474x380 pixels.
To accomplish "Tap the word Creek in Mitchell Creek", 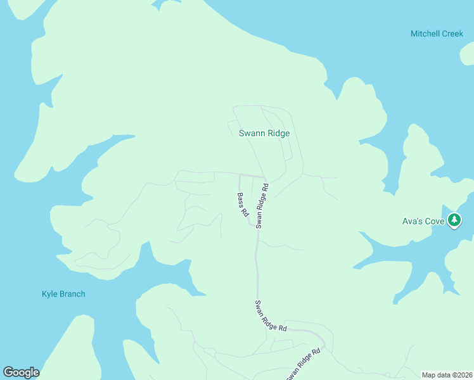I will pyautogui.click(x=452, y=34).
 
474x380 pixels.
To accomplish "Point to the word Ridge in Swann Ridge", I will pyautogui.click(x=278, y=133).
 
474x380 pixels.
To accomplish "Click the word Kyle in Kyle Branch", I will pyautogui.click(x=50, y=294).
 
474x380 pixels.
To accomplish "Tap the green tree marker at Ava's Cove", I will pyautogui.click(x=454, y=220).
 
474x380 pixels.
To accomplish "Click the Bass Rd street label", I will pyautogui.click(x=242, y=205).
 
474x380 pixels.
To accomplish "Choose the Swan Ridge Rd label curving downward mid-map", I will pyautogui.click(x=271, y=316).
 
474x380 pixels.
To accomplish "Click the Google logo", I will pyautogui.click(x=21, y=372).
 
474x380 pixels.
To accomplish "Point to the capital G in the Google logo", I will pyautogui.click(x=8, y=372).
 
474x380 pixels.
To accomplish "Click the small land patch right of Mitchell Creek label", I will pyautogui.click(x=467, y=55).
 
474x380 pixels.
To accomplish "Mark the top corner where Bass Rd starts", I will pyautogui.click(x=239, y=175).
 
